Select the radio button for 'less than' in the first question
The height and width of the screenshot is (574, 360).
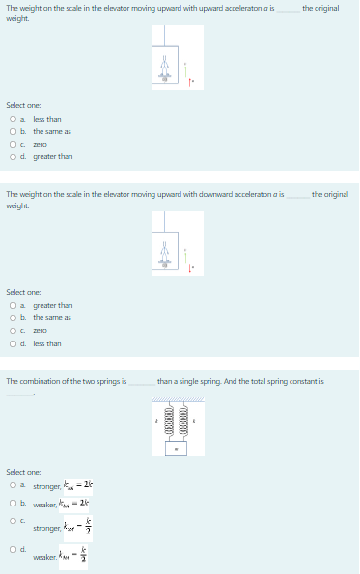(10, 119)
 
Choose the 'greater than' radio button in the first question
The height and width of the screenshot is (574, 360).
(10, 156)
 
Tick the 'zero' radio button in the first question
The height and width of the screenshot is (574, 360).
(10, 144)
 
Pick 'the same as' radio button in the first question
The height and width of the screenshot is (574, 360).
(10, 131)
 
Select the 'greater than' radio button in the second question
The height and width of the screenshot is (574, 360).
(10, 305)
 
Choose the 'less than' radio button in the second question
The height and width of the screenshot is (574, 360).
(10, 342)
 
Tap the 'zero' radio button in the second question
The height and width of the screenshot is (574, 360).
(10, 330)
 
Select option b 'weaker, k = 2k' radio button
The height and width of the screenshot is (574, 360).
(10, 503)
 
